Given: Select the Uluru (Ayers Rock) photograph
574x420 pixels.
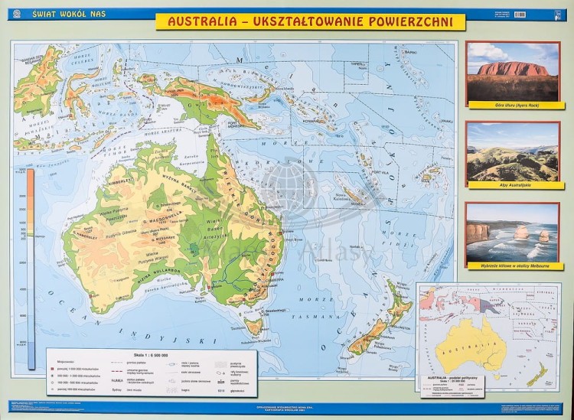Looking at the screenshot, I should coord(513,70).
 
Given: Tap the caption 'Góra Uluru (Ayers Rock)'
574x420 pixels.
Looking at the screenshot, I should coord(513,103).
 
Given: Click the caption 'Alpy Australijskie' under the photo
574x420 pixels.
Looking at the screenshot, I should coord(513,184).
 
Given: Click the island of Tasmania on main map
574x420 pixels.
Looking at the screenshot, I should coord(252,327).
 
